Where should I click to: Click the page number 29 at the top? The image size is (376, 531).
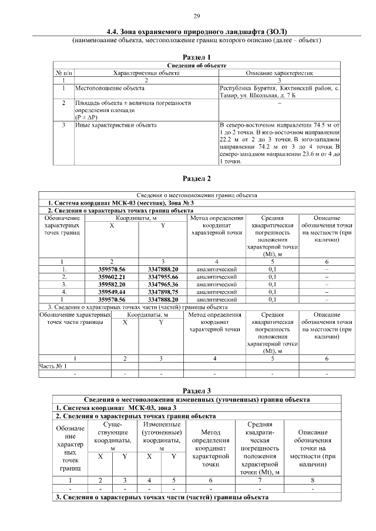pos(197,15)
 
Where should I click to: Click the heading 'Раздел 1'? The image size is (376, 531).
pos(197,56)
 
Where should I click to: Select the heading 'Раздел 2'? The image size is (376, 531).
pos(197,178)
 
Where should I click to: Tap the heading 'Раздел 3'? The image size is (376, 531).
pos(197,390)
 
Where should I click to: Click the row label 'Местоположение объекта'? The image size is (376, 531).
pos(109,88)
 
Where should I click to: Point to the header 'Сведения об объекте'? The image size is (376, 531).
pos(197,65)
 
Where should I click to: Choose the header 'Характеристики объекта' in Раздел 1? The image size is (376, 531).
pos(146,73)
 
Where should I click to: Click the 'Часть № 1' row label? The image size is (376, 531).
pos(53,366)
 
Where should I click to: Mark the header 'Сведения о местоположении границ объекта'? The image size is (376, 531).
pos(197,195)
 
